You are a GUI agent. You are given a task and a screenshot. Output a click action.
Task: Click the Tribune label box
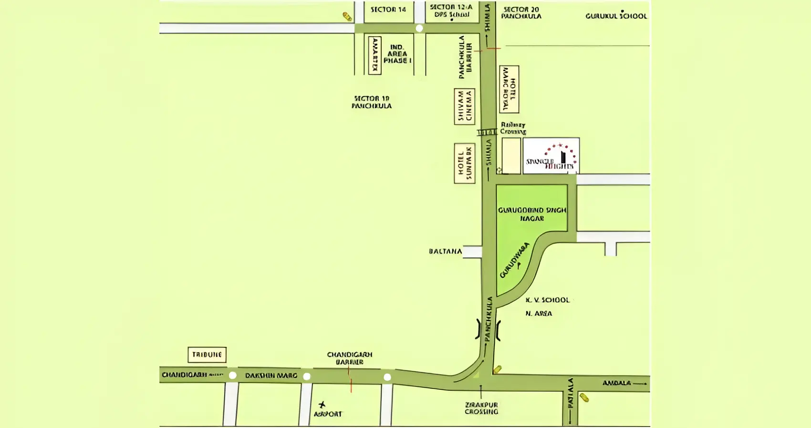click(x=207, y=355)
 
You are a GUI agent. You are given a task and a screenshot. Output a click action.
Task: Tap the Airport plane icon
click(x=322, y=405)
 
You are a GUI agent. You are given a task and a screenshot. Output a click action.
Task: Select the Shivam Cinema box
click(x=464, y=106)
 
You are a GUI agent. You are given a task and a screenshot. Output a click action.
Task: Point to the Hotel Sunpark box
click(x=464, y=163)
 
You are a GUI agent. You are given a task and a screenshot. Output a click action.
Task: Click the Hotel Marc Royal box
click(x=509, y=89)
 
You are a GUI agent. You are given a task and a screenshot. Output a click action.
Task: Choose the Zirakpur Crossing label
click(x=481, y=408)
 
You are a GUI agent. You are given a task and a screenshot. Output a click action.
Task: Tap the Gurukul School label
click(x=616, y=16)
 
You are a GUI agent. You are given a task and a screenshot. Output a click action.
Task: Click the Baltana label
click(x=445, y=251)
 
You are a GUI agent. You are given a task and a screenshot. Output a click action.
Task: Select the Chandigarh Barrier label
click(x=350, y=358)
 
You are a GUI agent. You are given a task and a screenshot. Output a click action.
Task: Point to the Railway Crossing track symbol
click(x=487, y=132)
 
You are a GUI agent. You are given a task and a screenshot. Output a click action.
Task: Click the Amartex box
click(x=375, y=55)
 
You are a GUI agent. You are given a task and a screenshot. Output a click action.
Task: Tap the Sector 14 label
click(x=388, y=10)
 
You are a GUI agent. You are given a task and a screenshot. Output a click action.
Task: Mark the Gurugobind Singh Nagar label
click(x=532, y=214)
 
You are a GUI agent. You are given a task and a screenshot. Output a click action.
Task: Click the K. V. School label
click(x=548, y=300)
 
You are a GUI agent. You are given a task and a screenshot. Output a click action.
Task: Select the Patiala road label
click(x=570, y=394)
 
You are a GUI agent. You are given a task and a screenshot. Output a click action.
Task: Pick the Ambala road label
click(x=616, y=383)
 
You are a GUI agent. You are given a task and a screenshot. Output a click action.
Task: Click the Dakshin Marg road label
click(x=271, y=376)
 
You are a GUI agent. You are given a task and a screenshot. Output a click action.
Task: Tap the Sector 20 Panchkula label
click(x=521, y=12)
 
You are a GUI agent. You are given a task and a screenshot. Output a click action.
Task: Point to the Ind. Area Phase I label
click(x=397, y=54)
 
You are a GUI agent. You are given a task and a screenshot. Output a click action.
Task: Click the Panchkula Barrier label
click(x=465, y=57)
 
